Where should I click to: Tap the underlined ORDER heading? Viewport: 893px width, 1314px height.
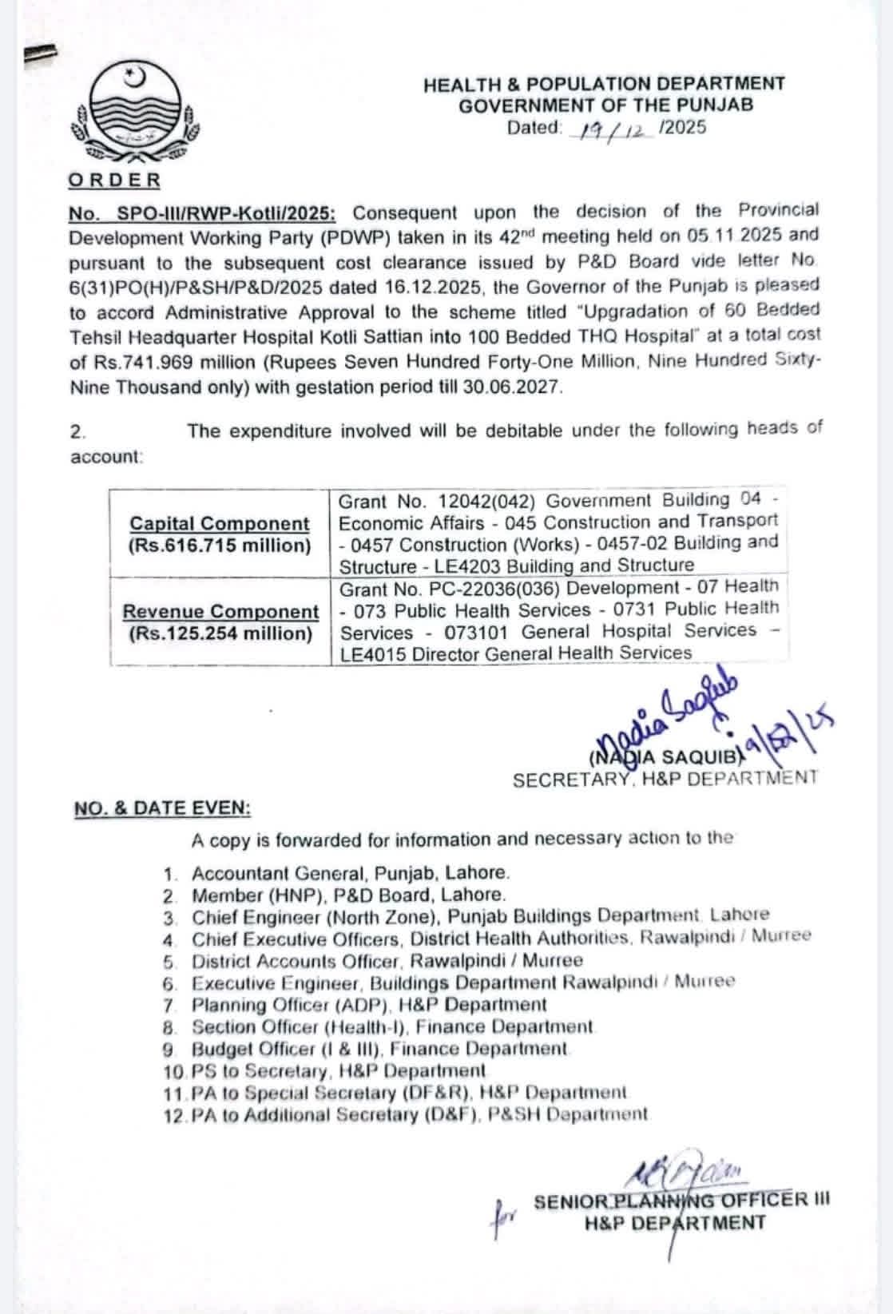(114, 181)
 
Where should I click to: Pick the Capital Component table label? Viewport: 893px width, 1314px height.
(220, 524)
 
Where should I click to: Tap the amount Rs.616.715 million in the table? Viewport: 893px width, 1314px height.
(220, 546)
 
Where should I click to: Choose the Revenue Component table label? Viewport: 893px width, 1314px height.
(220, 612)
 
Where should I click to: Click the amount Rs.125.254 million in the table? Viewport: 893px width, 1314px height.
(220, 634)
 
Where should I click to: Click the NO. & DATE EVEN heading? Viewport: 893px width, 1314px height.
(162, 808)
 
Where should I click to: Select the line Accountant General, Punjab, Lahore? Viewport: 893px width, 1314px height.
(350, 873)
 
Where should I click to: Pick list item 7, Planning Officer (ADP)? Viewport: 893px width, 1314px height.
(369, 1005)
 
